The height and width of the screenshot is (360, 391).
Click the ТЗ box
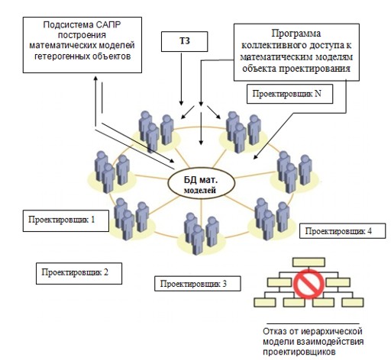click(184, 41)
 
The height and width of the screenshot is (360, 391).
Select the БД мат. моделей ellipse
click(201, 183)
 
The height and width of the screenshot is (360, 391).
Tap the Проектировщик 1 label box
click(66, 220)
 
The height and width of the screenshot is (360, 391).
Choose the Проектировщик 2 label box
click(79, 273)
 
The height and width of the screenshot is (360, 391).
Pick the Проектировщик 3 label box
click(198, 284)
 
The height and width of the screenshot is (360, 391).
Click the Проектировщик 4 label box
click(342, 231)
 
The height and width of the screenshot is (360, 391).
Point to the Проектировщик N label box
click(289, 94)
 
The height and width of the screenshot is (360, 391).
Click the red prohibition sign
click(309, 284)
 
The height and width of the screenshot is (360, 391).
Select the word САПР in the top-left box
click(108, 25)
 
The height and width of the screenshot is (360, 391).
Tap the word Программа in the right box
click(296, 34)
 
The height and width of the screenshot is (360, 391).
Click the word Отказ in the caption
click(274, 332)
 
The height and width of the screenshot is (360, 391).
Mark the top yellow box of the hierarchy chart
click(309, 262)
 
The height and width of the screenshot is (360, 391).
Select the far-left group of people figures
click(111, 172)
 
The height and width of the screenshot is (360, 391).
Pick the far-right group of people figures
click(294, 172)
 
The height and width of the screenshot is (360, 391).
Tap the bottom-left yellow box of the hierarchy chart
click(264, 302)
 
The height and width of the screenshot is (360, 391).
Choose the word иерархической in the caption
click(331, 332)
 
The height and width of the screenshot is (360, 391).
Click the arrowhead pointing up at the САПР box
click(95, 78)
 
